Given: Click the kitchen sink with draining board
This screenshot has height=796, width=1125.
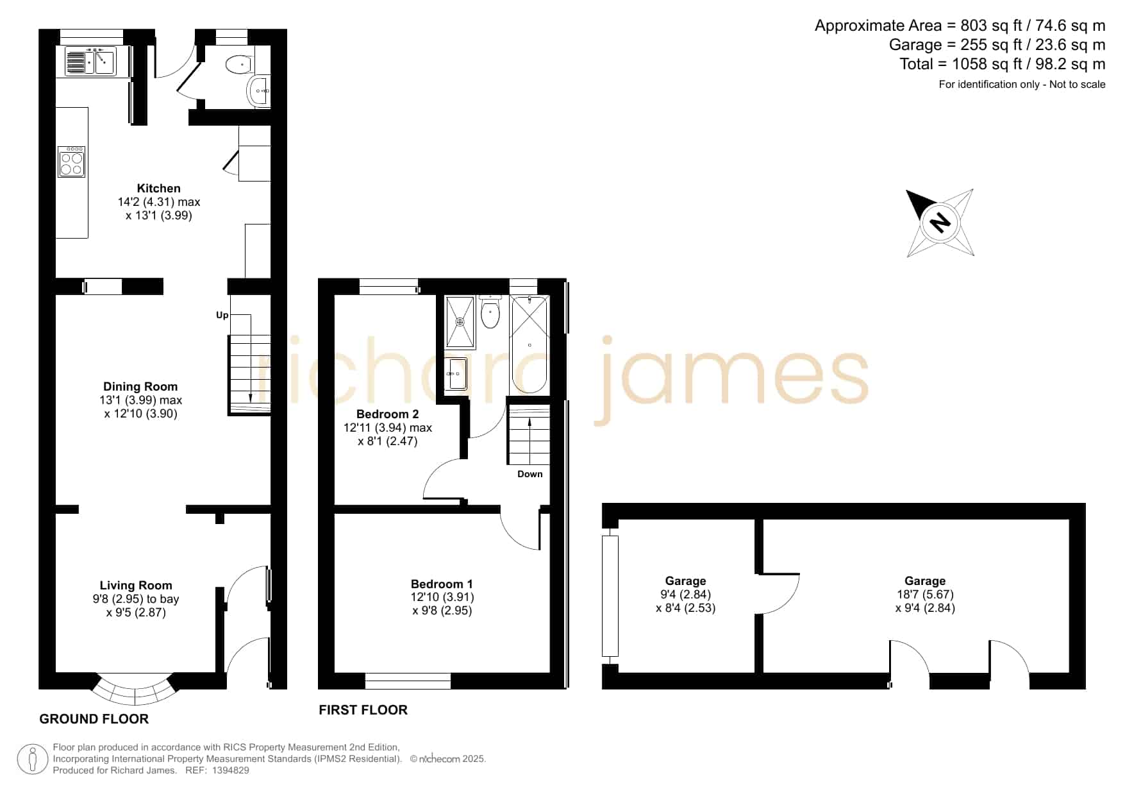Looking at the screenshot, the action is click(x=90, y=62).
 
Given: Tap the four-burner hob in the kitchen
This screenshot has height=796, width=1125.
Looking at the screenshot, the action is click(x=72, y=161).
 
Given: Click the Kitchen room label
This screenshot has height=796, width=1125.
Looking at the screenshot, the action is click(x=159, y=188).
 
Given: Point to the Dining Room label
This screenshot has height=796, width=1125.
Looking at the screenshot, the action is click(x=140, y=386).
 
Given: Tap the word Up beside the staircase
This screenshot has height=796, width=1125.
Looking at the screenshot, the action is click(x=222, y=315).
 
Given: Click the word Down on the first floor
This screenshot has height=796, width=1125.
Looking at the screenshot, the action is click(x=530, y=474).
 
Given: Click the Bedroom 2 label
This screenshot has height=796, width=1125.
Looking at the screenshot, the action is click(x=388, y=414).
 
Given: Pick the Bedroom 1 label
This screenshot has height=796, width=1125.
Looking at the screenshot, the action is click(x=442, y=584).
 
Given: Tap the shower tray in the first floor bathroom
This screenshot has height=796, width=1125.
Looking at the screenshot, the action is click(x=460, y=321).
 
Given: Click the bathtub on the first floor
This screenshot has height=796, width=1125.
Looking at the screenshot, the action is click(x=529, y=345).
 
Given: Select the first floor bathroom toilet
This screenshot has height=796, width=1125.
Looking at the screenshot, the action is click(x=490, y=313).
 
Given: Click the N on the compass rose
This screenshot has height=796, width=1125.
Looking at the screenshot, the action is click(x=940, y=222).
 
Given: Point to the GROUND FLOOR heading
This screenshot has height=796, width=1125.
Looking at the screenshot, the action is click(x=94, y=719).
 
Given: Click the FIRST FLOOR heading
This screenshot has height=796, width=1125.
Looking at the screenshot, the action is click(x=363, y=710).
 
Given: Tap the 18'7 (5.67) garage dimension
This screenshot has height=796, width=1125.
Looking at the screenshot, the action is click(x=925, y=595).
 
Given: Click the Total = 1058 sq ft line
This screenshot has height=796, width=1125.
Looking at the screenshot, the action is click(x=1003, y=64).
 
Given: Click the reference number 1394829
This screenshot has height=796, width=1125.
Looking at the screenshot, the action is click(x=230, y=770).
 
